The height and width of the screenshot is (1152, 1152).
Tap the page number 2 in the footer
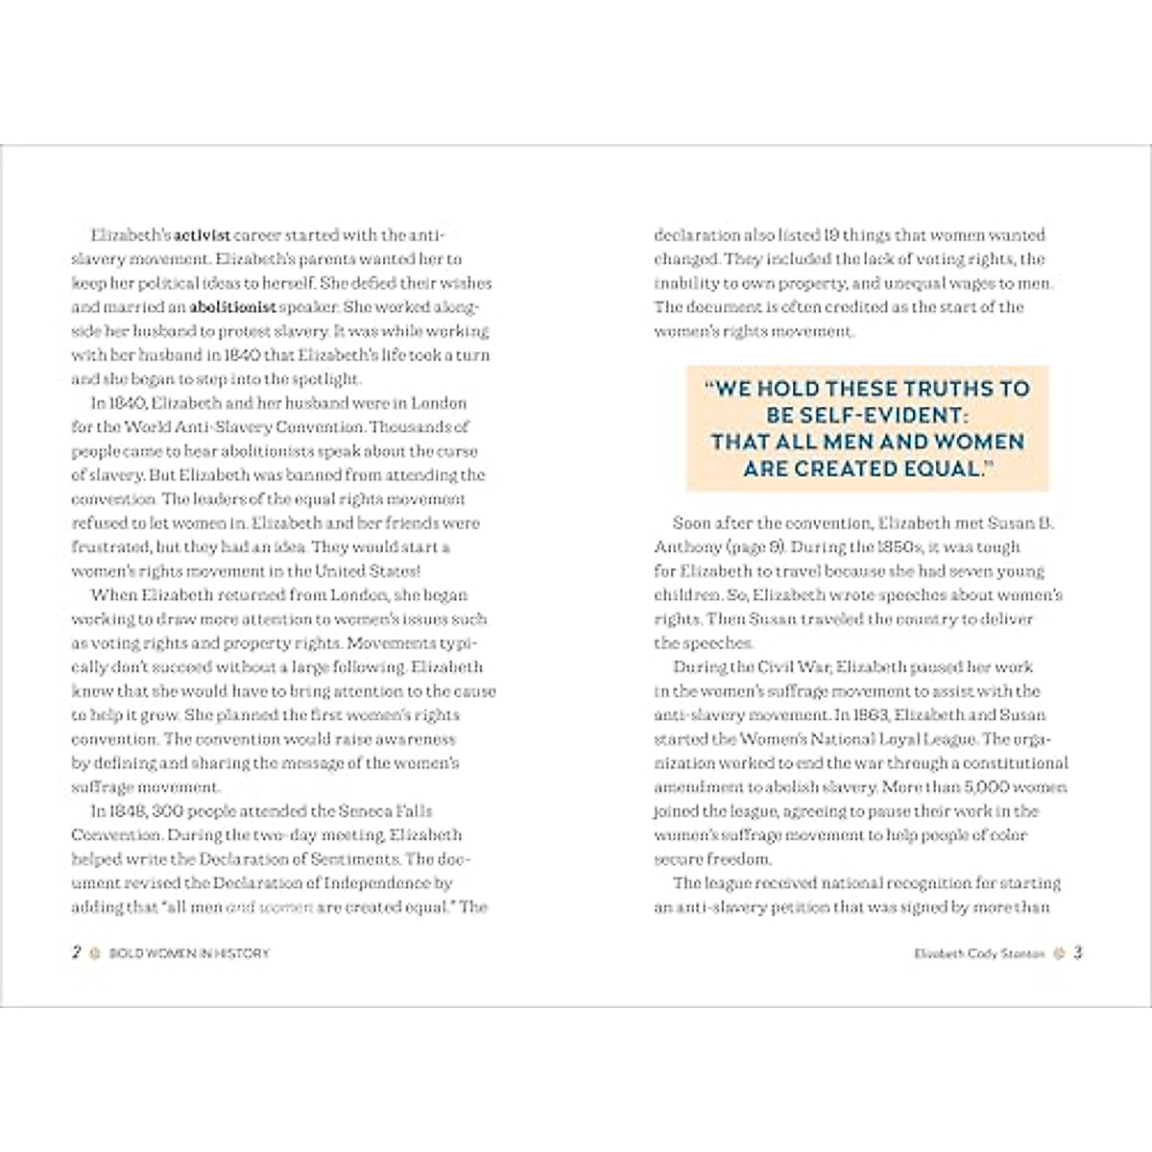tap(76, 953)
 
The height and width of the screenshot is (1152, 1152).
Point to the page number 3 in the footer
tap(1078, 953)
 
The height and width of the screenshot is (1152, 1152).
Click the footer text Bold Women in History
tap(187, 954)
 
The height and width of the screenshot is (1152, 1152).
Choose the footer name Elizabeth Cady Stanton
tap(978, 954)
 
